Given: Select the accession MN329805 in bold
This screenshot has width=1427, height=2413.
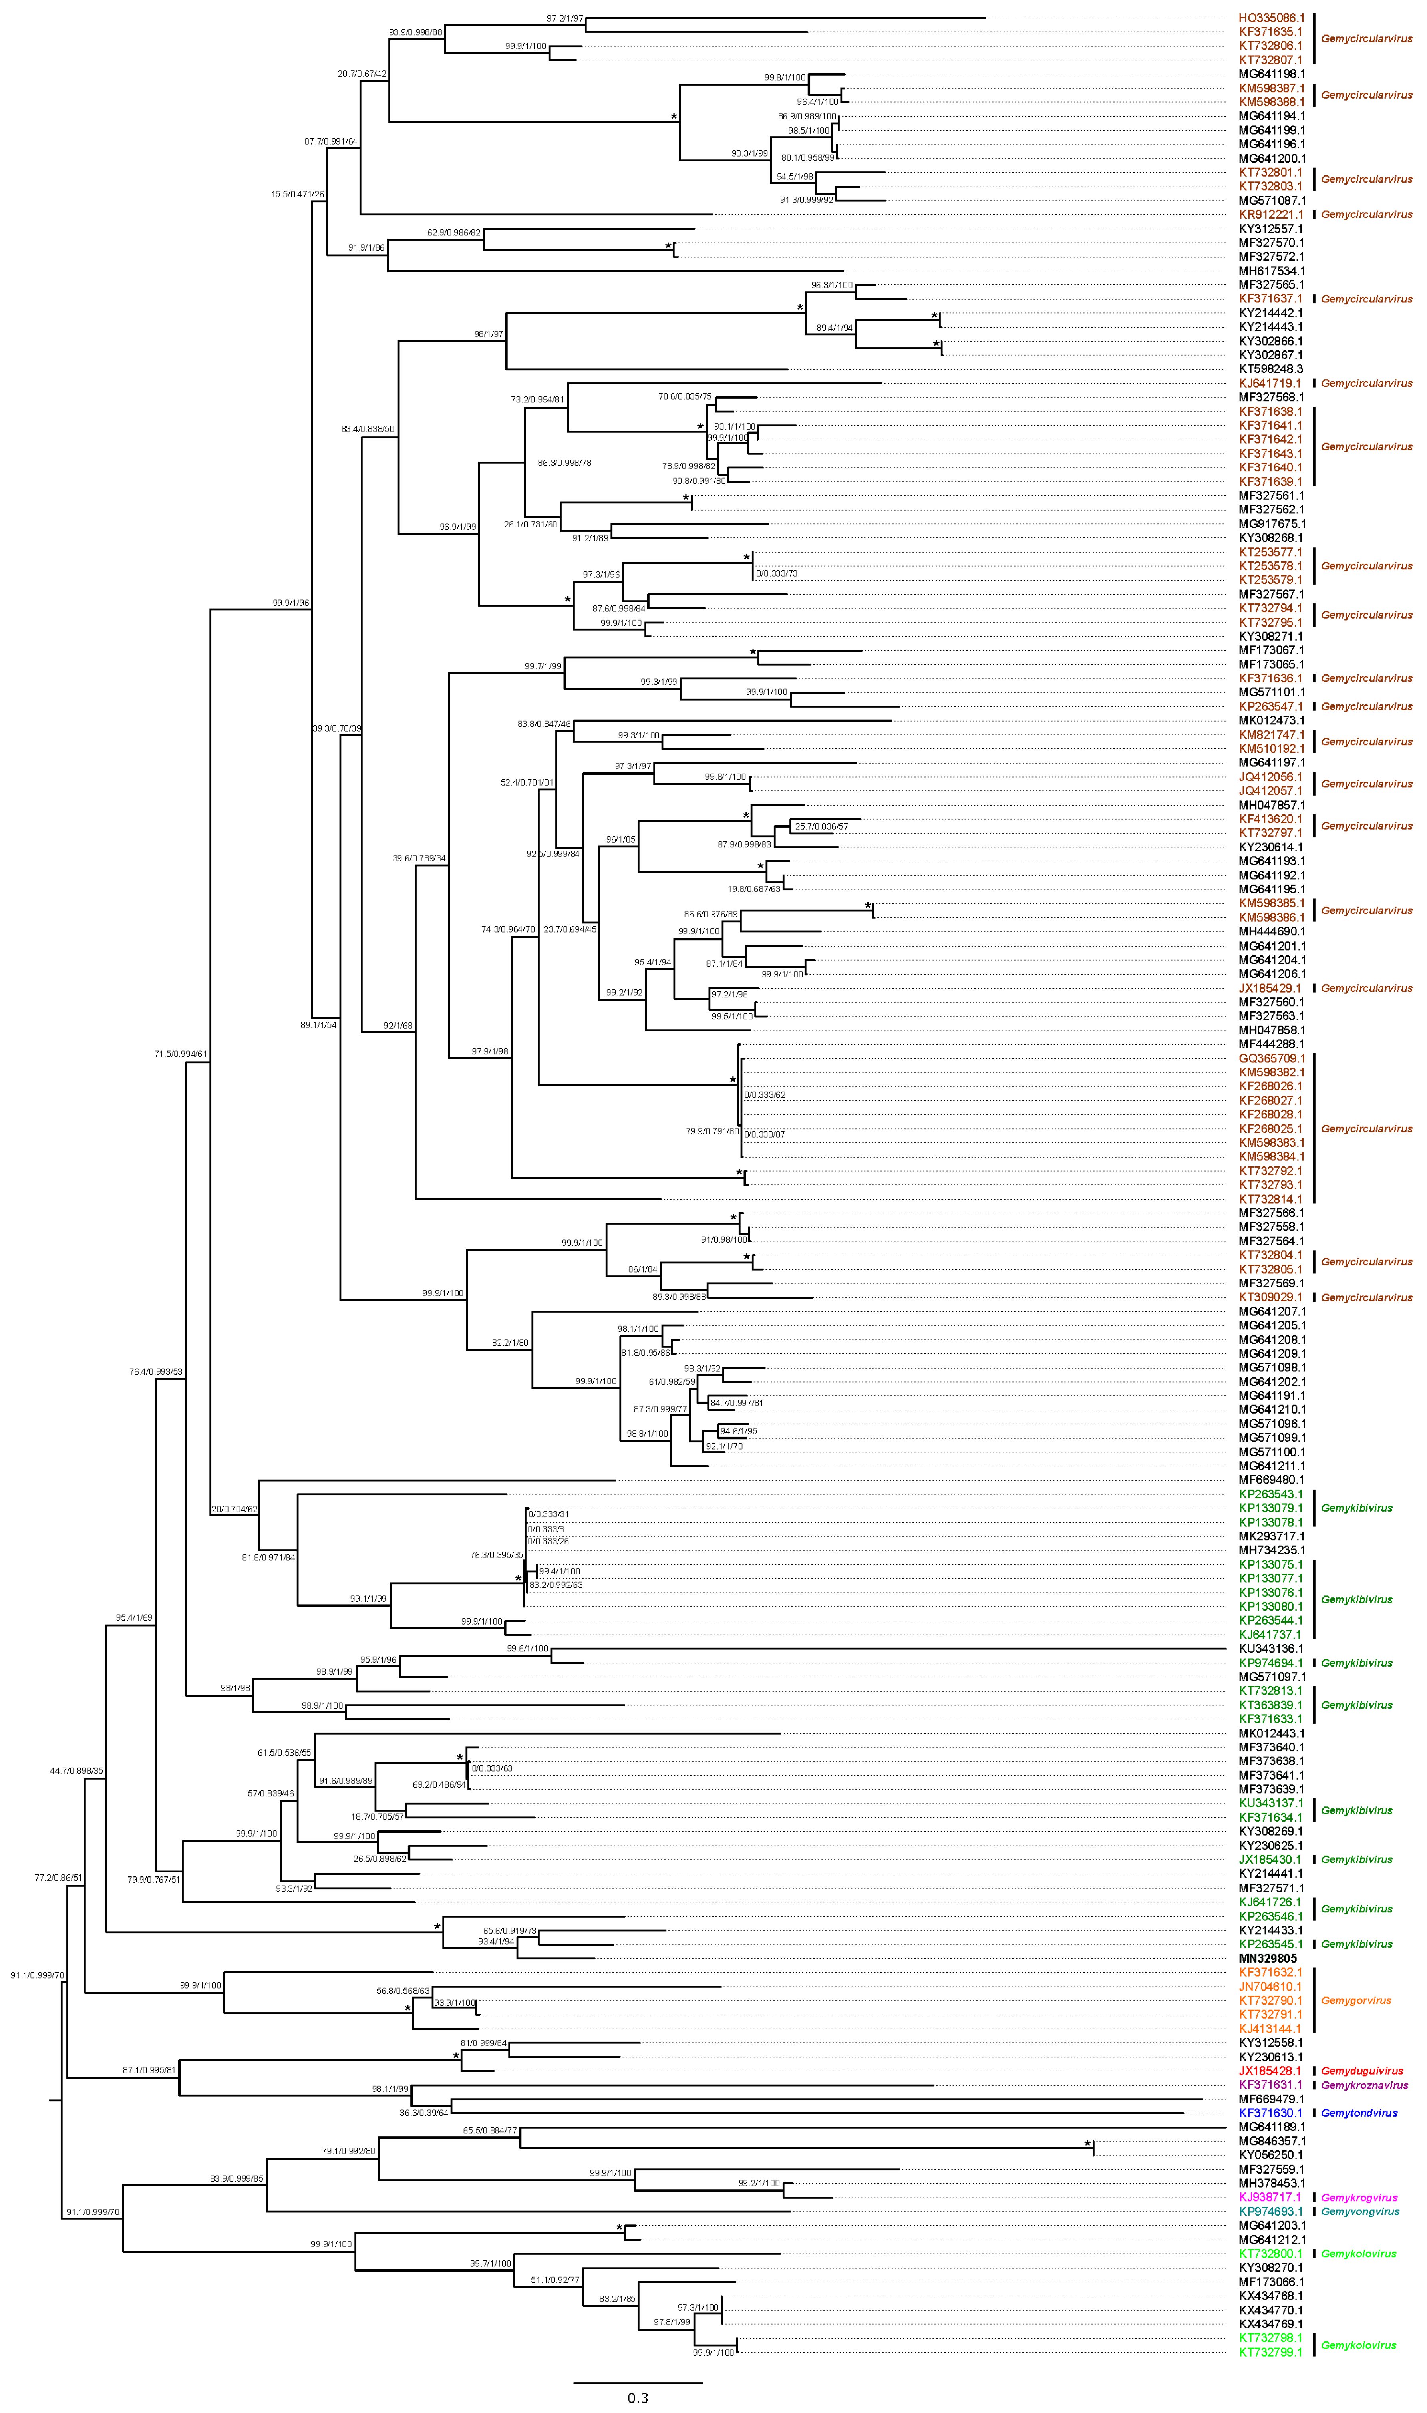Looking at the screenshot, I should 1267,1958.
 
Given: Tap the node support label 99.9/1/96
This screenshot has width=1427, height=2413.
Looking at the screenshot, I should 290,603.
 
